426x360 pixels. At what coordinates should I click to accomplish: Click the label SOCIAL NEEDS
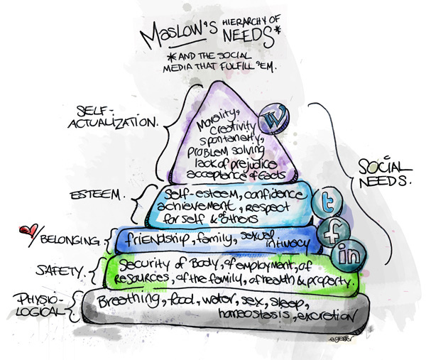383,174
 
